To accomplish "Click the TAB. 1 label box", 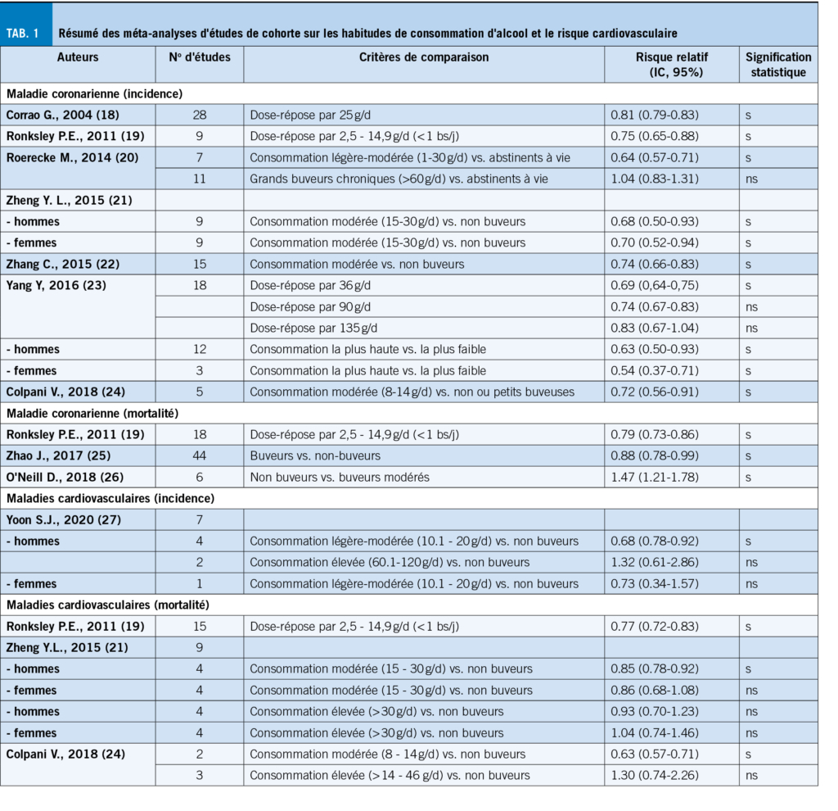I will coord(26,33).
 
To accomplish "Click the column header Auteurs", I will coord(79,57).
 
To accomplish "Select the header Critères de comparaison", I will coord(424,57).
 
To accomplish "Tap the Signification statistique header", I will coord(778,65).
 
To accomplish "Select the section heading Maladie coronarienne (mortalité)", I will coord(92,413).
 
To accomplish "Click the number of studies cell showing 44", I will coord(200,455).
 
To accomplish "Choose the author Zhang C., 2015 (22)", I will coord(59,264).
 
